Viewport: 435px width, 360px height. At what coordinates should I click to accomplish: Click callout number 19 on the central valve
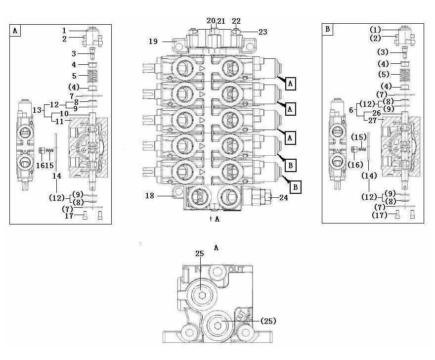click(x=153, y=42)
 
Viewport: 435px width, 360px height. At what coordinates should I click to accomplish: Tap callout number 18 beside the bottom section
click(x=149, y=196)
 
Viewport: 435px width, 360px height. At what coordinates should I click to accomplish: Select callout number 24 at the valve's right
click(x=284, y=198)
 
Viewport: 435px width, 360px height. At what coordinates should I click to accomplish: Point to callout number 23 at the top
click(x=262, y=32)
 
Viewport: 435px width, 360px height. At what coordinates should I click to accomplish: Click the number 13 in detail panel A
click(x=37, y=110)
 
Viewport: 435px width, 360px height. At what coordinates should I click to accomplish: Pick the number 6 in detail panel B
click(x=351, y=110)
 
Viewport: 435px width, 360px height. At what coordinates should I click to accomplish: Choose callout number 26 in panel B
click(x=377, y=113)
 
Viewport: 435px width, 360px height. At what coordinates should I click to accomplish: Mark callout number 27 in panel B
click(x=373, y=121)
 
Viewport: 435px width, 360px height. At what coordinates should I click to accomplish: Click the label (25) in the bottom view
click(x=268, y=321)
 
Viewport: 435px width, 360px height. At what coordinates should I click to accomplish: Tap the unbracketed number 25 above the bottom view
click(x=200, y=253)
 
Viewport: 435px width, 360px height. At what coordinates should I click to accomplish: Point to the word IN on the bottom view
click(x=198, y=269)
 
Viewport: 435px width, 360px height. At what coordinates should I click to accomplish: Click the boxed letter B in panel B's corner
click(x=328, y=29)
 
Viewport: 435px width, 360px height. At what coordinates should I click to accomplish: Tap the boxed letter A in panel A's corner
click(x=15, y=30)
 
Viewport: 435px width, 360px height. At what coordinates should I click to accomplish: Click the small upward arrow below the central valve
click(x=211, y=219)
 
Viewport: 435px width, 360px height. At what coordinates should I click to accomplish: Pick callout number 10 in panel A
click(x=64, y=114)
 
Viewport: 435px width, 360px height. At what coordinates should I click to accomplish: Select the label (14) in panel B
click(x=369, y=176)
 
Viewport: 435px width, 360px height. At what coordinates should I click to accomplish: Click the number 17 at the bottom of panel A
click(x=69, y=216)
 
